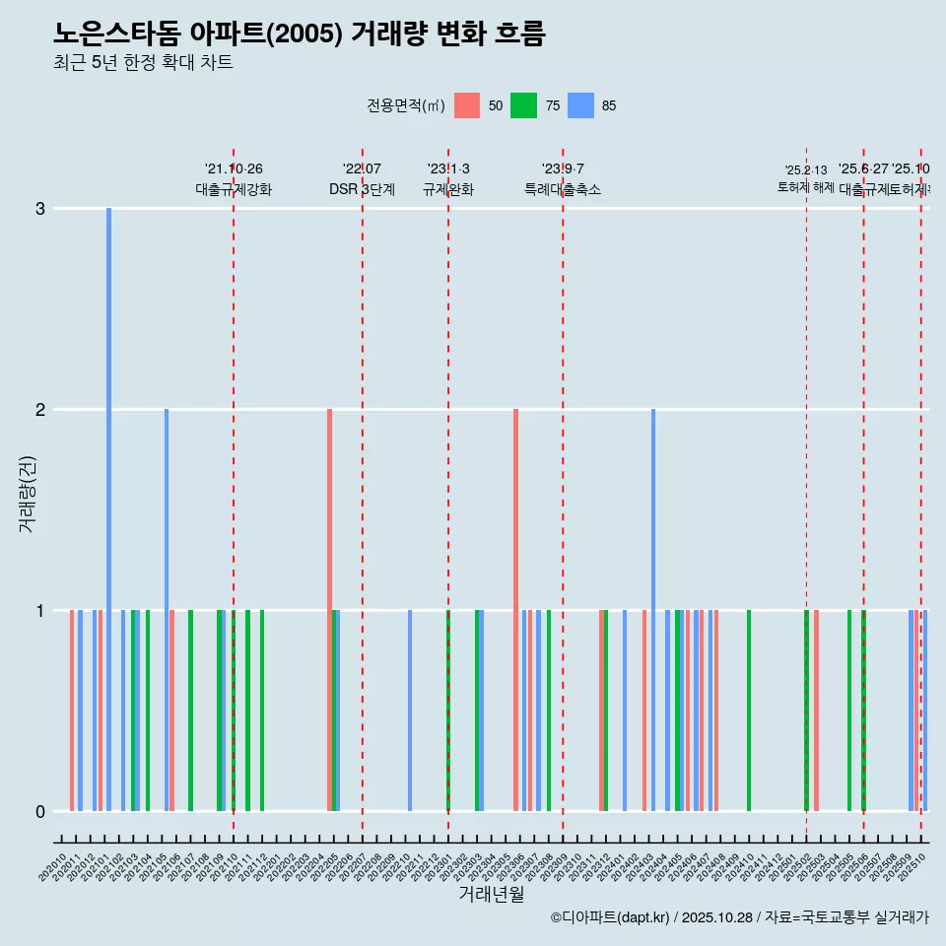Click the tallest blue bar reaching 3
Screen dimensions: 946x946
click(109, 508)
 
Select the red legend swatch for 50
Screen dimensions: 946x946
click(467, 105)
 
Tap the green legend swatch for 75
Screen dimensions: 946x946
click(523, 105)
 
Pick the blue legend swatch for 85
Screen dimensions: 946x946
click(581, 105)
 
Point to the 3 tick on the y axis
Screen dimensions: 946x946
click(40, 209)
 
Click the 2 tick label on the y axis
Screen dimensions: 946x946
click(40, 410)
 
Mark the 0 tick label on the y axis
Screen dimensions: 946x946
click(40, 812)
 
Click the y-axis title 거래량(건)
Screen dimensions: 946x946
click(28, 494)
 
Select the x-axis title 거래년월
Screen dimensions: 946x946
click(491, 894)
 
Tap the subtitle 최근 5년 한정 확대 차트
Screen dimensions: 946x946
click(143, 63)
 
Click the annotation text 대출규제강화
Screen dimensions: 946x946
click(234, 189)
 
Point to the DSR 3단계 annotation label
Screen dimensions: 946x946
click(362, 189)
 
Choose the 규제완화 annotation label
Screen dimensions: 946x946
click(448, 189)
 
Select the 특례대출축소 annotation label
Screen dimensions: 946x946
click(563, 189)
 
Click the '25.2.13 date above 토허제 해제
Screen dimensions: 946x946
click(806, 170)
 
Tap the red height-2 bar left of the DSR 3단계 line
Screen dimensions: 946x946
click(330, 609)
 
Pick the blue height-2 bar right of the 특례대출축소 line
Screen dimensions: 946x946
click(653, 609)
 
